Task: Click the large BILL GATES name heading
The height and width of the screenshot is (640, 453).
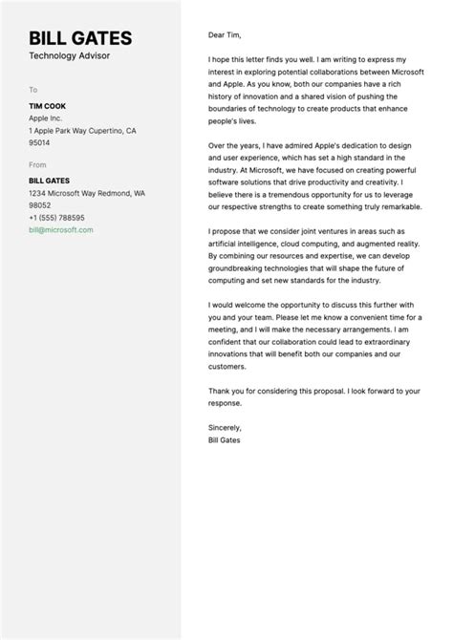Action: [x=80, y=38]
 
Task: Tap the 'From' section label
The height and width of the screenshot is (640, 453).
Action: [x=37, y=164]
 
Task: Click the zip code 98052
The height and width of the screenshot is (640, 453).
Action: [x=40, y=204]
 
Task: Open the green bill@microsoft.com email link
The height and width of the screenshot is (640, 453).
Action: [x=61, y=230]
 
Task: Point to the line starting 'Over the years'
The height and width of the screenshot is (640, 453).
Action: [x=311, y=144]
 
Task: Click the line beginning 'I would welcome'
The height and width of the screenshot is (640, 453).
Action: [x=313, y=305]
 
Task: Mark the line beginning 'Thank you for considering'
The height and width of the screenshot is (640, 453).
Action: [x=313, y=391]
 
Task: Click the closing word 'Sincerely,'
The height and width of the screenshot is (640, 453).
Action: [x=225, y=427]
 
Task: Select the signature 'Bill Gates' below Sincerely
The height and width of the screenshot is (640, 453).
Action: [x=225, y=439]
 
